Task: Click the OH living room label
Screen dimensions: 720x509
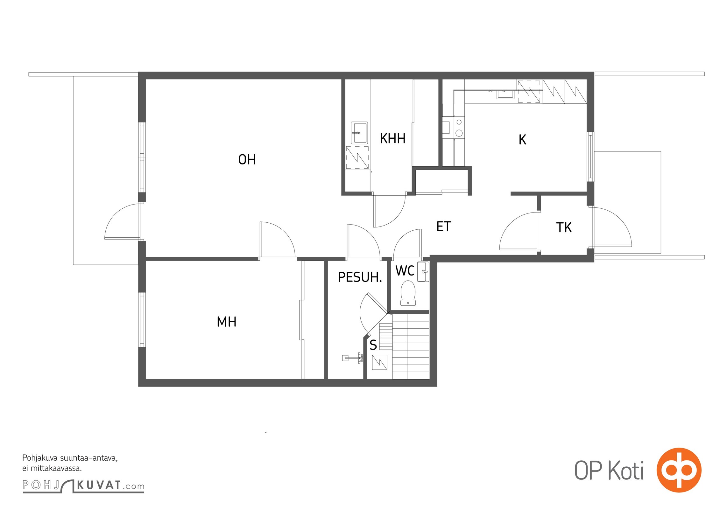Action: coord(247,159)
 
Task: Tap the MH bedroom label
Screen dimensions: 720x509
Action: coord(227,322)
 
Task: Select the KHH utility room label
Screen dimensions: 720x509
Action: coord(393,138)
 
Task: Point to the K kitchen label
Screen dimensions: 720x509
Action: coord(522,139)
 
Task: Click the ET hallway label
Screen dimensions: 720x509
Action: coord(444,227)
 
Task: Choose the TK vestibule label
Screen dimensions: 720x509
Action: coord(564,227)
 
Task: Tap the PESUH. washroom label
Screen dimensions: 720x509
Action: coord(360,277)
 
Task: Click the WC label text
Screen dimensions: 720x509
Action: coord(405,271)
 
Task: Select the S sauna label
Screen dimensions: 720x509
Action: coord(373,345)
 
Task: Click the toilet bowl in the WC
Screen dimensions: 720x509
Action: coord(408,293)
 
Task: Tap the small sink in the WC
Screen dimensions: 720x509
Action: coord(423,272)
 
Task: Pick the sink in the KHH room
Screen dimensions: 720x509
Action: coord(359,133)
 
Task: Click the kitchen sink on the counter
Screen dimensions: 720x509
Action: coord(505,94)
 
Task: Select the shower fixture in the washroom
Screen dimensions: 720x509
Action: coord(353,358)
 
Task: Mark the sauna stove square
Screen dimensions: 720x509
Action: coord(379,362)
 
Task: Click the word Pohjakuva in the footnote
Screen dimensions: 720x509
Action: coord(40,458)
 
